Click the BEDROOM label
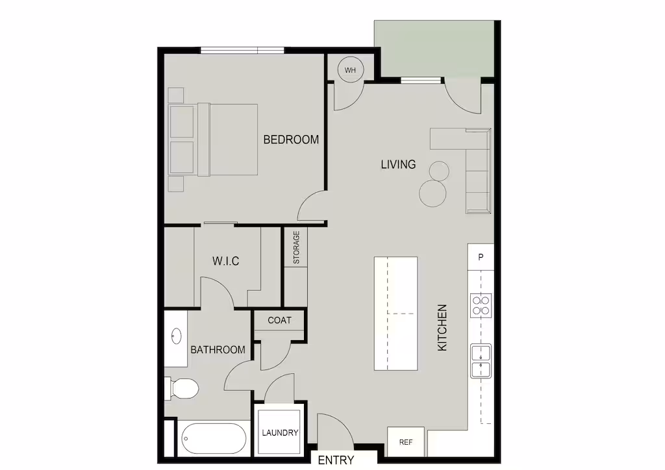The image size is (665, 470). (x=291, y=140)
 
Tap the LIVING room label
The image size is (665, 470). (x=398, y=164)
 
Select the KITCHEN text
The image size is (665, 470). (x=442, y=328)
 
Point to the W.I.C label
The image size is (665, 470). (x=225, y=261)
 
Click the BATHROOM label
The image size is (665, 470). (x=218, y=350)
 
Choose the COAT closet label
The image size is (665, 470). (x=279, y=321)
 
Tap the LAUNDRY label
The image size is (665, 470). (x=280, y=433)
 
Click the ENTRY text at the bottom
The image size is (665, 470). (x=336, y=460)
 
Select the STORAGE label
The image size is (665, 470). (x=296, y=247)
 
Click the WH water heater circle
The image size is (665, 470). (x=350, y=70)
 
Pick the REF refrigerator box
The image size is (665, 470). (x=406, y=442)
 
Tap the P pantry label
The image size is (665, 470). (x=481, y=257)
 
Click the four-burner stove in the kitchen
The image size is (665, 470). (x=481, y=306)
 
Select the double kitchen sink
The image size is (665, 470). (x=481, y=361)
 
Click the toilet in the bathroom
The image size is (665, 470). (x=182, y=388)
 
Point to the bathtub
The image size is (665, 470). (x=214, y=439)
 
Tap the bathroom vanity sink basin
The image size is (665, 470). (x=177, y=336)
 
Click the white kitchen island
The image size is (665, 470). (x=395, y=314)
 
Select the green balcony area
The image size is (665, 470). (x=434, y=49)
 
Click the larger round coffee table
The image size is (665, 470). (x=433, y=193)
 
